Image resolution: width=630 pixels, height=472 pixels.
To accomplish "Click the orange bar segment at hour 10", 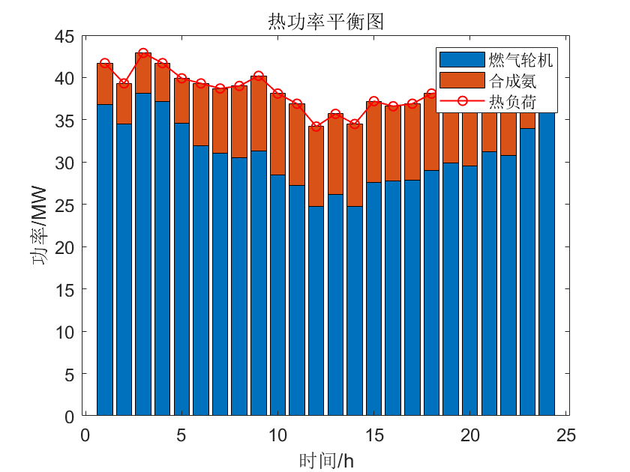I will point(277,134).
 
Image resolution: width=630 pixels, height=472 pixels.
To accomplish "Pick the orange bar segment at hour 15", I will point(373,142).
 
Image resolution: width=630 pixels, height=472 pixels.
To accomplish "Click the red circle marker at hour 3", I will point(143,53).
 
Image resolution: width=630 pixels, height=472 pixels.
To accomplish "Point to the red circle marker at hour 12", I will point(316,127).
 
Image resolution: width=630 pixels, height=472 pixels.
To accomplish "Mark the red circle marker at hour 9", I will point(258,76).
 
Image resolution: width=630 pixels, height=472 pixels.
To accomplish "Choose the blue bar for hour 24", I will point(547,262).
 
